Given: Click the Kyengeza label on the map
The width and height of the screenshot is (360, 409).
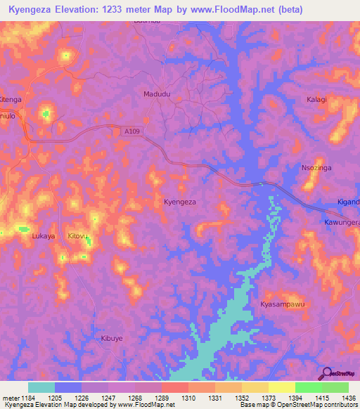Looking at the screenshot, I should pyautogui.click(x=180, y=202).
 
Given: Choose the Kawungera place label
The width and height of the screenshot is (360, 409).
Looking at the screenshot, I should pyautogui.click(x=342, y=222).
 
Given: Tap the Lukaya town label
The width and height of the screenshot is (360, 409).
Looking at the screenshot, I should pyautogui.click(x=44, y=236).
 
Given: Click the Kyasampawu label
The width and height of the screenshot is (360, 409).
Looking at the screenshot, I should pyautogui.click(x=281, y=304).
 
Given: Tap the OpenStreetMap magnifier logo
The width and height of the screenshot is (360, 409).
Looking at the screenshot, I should pyautogui.click(x=326, y=372).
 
